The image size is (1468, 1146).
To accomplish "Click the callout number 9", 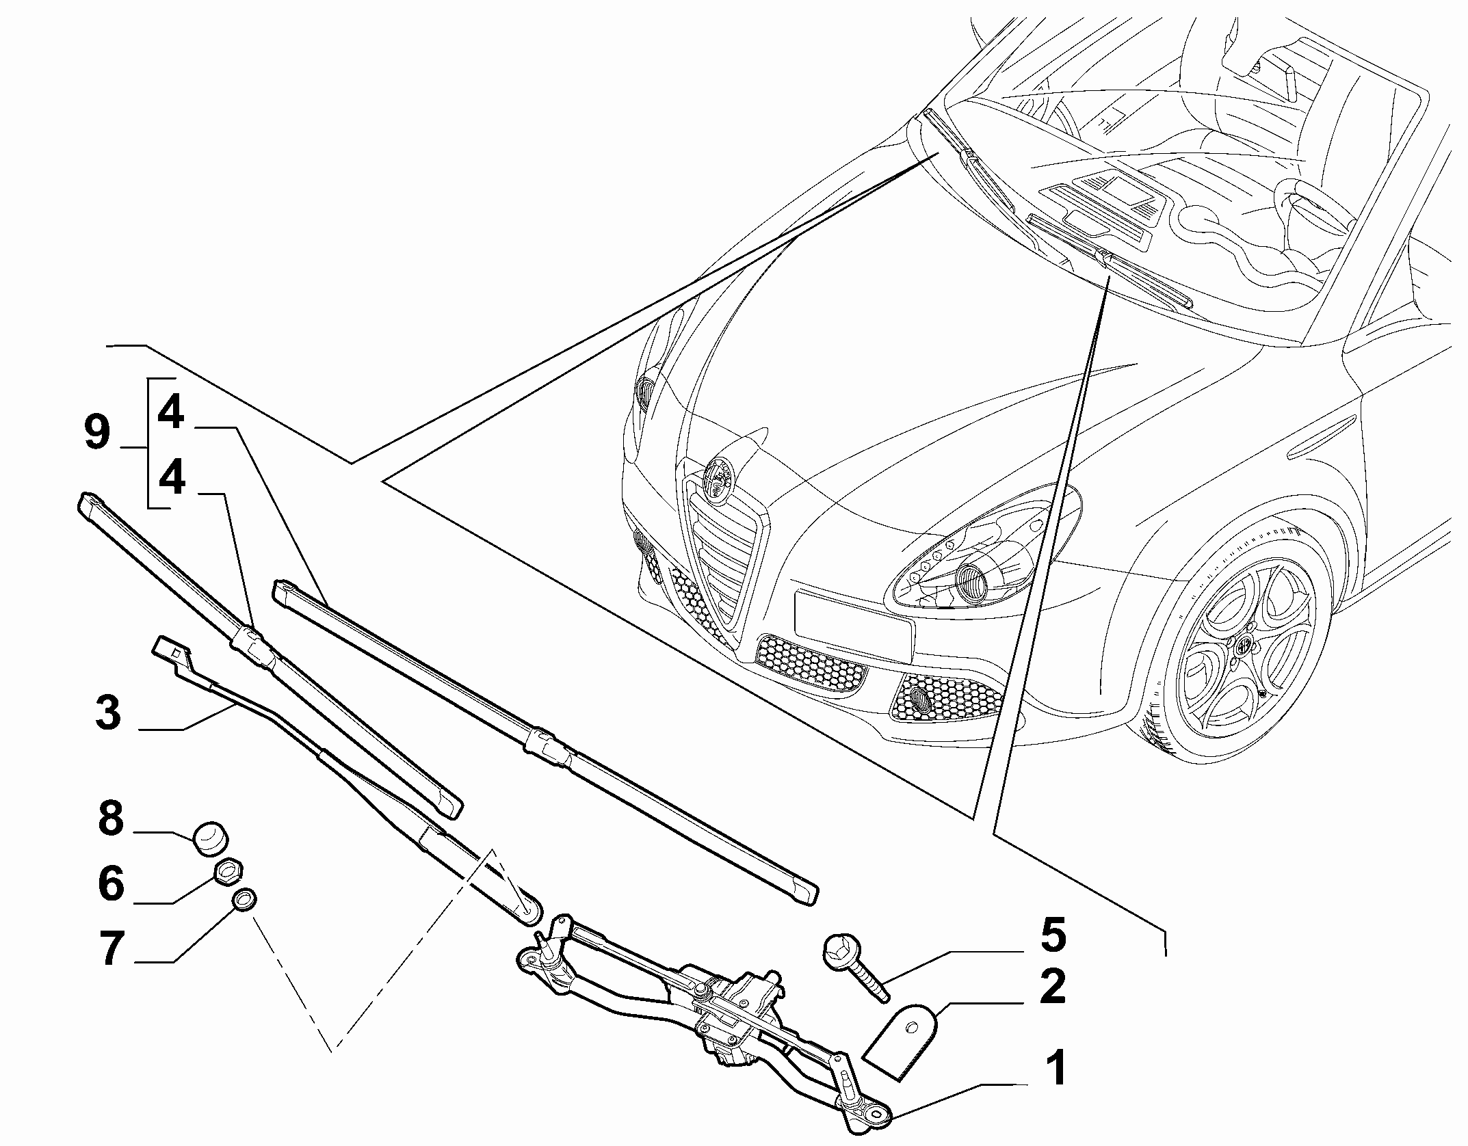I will point(97,434).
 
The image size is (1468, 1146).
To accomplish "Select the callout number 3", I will point(109,713).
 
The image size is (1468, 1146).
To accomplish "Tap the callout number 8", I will point(110,818).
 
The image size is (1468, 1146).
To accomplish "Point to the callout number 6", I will point(111,883).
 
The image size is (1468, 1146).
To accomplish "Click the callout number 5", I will point(1053,936).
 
